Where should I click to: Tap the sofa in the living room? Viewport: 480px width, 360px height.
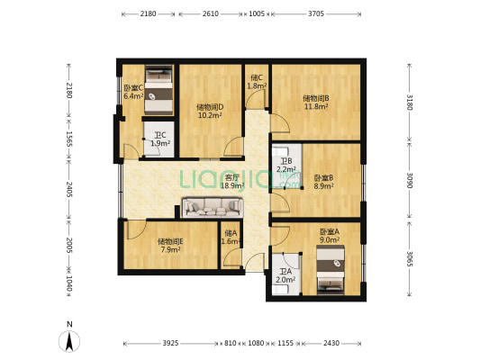coord(210,208)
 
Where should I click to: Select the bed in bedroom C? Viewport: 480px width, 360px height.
coord(159,86)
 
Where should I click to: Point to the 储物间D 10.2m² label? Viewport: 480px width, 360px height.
coord(210,111)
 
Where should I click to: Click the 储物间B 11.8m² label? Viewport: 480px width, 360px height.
coord(315,103)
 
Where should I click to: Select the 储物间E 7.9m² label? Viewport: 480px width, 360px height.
coord(170,245)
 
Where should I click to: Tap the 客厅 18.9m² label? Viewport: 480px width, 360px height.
coord(232,182)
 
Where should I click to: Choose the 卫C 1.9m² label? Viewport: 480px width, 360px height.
coord(159,139)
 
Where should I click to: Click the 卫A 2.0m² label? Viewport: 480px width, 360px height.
coord(285,275)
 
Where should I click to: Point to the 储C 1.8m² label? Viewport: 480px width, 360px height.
coord(256,82)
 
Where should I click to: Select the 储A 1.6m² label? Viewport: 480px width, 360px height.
coord(230,238)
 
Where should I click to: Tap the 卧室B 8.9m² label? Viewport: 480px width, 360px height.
coord(324,182)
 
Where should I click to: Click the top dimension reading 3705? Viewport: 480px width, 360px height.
coord(316,14)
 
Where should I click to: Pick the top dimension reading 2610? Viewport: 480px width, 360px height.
coord(210,14)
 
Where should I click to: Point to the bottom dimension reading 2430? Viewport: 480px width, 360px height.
coord(332,344)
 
